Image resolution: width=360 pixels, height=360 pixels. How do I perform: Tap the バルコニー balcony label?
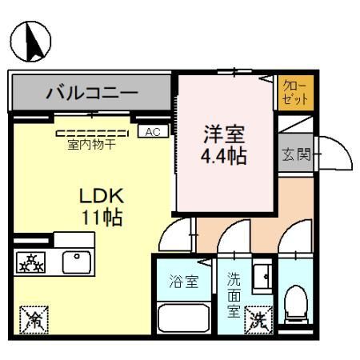tap(91, 92)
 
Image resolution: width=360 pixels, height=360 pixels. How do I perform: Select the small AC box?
tap(152, 131)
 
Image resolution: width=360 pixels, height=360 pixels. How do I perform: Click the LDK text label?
tap(100, 196)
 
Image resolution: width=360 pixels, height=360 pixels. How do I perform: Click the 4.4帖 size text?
tap(222, 154)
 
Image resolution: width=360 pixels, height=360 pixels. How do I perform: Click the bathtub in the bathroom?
tap(182, 318)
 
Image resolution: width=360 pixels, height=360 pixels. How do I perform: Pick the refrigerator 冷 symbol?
tap(34, 320)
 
